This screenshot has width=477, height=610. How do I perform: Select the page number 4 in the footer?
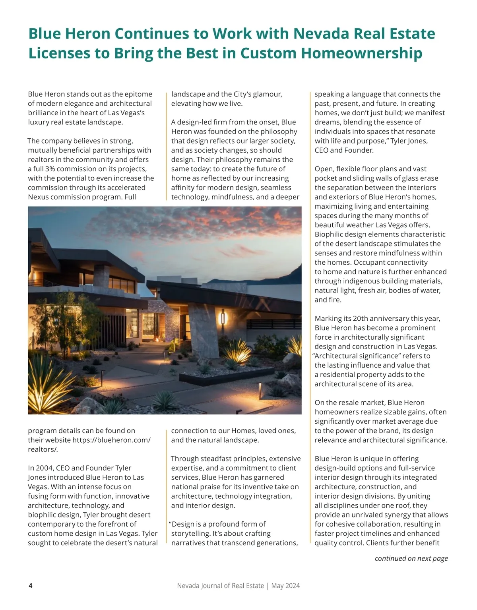31,585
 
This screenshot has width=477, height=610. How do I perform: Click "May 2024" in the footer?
285,585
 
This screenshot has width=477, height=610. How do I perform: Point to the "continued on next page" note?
411,558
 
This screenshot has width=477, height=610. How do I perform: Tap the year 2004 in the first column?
44,468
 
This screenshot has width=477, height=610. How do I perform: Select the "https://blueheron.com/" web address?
111,440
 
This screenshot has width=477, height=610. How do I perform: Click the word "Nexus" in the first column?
39,197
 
